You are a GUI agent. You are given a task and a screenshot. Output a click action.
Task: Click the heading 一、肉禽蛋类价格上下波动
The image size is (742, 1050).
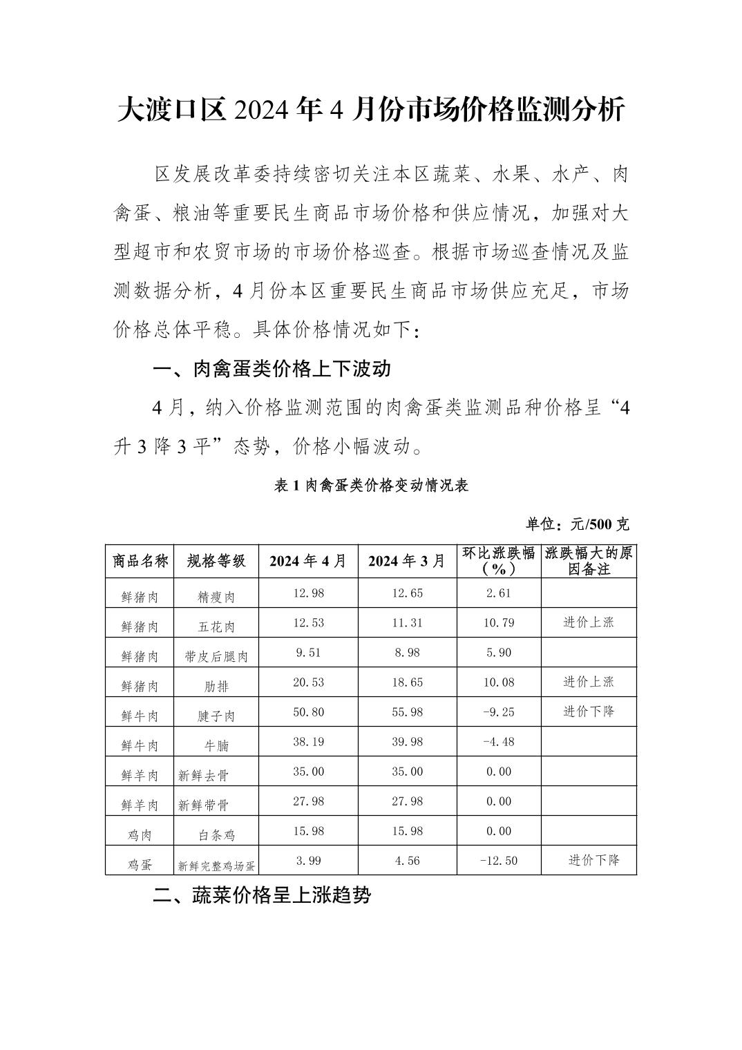click(272, 369)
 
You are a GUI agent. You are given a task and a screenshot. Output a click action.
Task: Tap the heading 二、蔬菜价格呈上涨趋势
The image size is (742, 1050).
click(263, 896)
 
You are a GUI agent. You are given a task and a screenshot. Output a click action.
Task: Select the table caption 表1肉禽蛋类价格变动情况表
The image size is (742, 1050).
click(371, 486)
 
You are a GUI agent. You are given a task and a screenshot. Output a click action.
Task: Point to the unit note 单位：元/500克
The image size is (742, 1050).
click(578, 524)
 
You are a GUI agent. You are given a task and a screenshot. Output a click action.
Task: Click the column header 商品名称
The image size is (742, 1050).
click(140, 561)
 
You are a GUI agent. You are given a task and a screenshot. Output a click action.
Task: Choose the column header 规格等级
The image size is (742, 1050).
click(216, 561)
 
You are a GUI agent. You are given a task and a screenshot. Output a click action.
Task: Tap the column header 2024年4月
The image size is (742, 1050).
click(308, 561)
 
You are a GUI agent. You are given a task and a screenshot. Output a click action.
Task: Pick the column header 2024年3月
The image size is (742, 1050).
click(407, 561)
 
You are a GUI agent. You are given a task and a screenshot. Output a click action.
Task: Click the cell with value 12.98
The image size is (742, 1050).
click(308, 593)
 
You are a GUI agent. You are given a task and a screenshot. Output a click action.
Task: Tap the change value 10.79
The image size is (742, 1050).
click(499, 623)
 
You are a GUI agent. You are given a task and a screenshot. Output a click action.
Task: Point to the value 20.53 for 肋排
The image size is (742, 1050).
click(308, 682)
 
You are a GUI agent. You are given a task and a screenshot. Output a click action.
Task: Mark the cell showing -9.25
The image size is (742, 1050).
click(499, 712)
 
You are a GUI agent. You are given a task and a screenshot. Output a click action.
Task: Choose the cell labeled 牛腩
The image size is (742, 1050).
click(216, 746)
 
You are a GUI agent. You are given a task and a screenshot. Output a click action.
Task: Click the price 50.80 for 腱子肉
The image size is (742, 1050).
click(308, 712)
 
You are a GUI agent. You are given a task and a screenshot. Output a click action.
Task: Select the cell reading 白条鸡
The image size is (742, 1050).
click(216, 835)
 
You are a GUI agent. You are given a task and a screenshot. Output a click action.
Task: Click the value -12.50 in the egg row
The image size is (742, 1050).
click(499, 861)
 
